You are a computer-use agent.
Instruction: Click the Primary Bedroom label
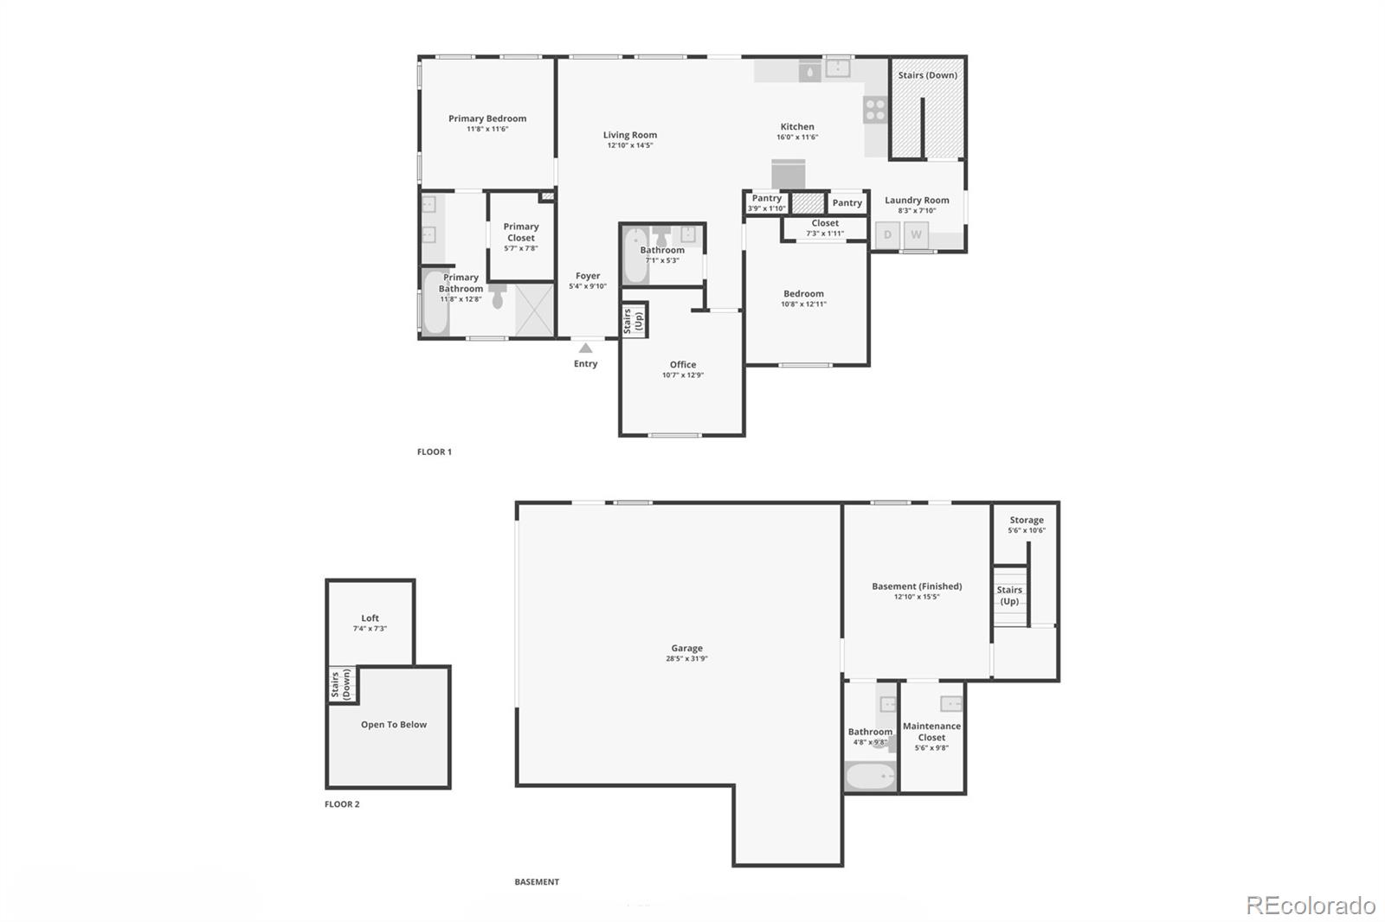click(487, 118)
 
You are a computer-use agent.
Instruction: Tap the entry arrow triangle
click(586, 348)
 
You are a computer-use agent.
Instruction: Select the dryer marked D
click(887, 234)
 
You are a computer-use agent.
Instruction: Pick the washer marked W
click(916, 234)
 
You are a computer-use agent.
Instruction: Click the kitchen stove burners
click(875, 110)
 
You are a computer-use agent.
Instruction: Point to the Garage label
click(686, 648)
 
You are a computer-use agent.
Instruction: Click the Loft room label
click(370, 618)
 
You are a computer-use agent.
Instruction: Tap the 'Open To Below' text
click(394, 725)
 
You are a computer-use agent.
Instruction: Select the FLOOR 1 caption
click(435, 451)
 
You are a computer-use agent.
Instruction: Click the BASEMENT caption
click(537, 882)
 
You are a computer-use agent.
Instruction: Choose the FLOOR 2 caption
click(342, 804)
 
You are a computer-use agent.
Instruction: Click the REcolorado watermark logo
click(1311, 906)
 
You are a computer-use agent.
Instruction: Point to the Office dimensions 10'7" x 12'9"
click(683, 375)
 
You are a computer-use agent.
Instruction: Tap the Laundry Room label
click(917, 200)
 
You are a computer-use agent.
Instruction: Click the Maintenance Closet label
click(931, 732)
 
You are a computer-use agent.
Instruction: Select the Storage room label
click(1027, 520)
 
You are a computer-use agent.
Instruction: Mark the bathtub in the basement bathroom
click(870, 777)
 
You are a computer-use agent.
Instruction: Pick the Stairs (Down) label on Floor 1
click(927, 75)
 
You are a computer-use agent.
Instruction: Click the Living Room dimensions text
click(630, 145)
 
